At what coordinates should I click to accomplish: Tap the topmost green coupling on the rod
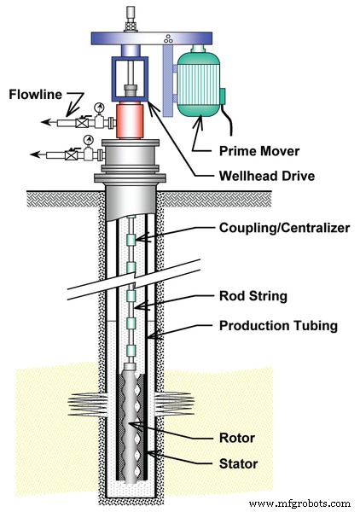[x=131, y=241]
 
